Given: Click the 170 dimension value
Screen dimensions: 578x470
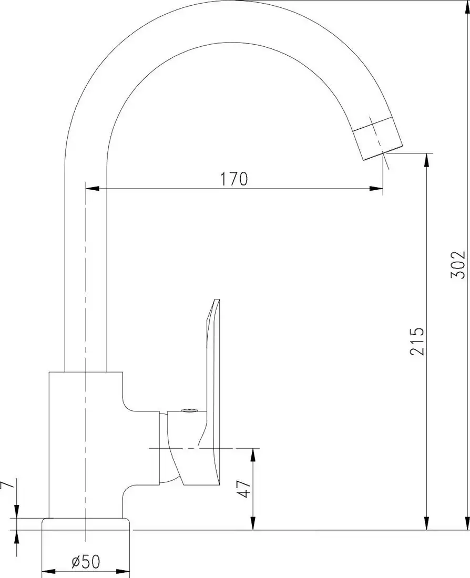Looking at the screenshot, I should pos(233,179).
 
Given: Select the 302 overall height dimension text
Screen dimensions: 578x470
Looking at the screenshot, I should pos(458,265).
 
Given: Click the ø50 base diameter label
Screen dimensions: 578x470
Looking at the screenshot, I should pos(85,562).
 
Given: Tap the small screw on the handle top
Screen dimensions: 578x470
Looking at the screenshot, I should pos(187,411).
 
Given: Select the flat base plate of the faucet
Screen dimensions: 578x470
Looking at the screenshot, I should pos(85,524).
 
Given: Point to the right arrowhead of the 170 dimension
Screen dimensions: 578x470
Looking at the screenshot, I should pos(377,188).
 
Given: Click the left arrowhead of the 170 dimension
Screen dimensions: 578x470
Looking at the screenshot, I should pos(92,188).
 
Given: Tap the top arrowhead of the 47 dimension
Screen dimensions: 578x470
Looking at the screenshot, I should pos(253,455).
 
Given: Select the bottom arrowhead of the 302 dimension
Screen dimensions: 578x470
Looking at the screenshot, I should pos(467,523).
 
